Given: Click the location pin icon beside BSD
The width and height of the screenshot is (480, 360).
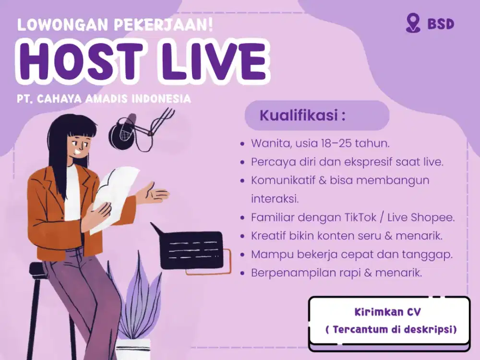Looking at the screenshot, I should [412, 23].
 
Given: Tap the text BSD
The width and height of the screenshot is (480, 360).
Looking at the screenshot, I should [440, 24].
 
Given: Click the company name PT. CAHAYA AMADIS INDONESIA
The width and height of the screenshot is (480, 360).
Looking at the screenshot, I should [104, 99].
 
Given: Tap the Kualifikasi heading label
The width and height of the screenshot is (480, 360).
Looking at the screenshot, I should [302, 116].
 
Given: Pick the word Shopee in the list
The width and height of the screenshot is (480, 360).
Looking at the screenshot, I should [432, 217].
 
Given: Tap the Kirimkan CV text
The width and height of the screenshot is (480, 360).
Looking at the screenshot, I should [388, 312].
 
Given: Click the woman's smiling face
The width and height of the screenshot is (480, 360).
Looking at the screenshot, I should [78, 144].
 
